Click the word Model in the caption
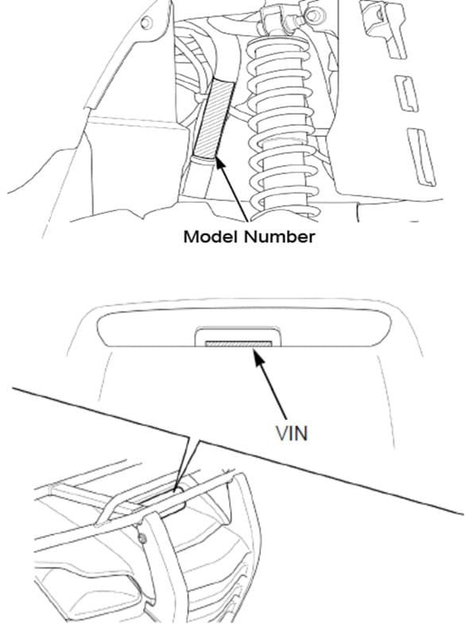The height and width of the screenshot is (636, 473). [208, 236]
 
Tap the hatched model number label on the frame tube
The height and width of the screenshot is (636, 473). [211, 119]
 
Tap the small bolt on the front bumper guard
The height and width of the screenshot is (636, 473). [142, 541]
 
